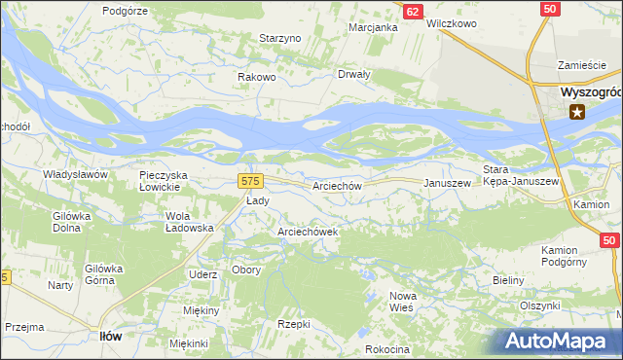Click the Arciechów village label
coord(338,185)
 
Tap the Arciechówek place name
coord(308,232)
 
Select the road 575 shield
coord(251,181)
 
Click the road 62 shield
coord(413,11)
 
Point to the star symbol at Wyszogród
coord(577,112)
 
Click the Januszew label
coord(447,182)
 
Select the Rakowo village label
coord(258,77)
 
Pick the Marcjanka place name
coord(374,27)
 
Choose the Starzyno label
coord(280,38)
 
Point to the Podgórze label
coord(124,10)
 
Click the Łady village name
coord(257,200)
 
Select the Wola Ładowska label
coord(190,221)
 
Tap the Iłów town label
coord(111,336)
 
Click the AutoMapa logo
coord(562,341)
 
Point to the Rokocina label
coord(387,349)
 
